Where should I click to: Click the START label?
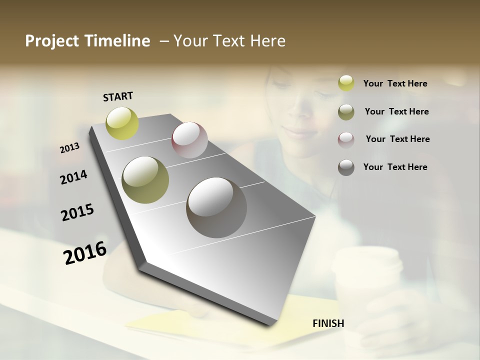(x=118, y=96)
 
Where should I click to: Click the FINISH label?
(x=328, y=323)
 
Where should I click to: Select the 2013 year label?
(x=69, y=147)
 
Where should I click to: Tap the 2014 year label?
(x=73, y=177)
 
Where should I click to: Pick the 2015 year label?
(x=77, y=212)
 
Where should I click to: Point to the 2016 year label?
(x=85, y=252)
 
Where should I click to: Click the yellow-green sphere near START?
(x=122, y=123)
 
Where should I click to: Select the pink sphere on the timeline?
(x=189, y=139)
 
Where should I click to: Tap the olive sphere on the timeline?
(x=145, y=180)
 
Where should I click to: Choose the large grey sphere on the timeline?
(x=216, y=207)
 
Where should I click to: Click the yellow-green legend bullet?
(x=346, y=83)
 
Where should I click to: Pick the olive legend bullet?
(x=346, y=111)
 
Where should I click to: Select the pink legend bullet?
(x=346, y=139)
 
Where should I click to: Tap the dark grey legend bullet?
(x=346, y=167)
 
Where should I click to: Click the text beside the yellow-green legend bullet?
(x=395, y=83)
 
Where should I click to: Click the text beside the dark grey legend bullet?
(x=395, y=167)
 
